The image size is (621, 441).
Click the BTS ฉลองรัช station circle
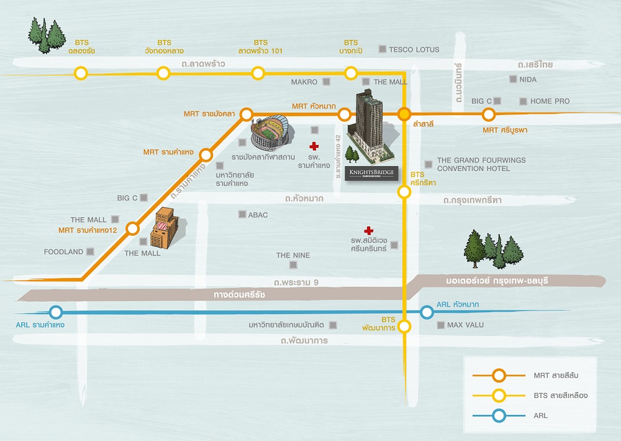click(x=81, y=73)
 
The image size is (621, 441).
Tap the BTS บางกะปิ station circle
click(x=351, y=73)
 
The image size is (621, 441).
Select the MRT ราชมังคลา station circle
click(x=247, y=114)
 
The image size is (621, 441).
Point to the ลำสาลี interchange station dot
click(x=404, y=114)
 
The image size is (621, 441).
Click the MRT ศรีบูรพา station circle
click(x=489, y=114)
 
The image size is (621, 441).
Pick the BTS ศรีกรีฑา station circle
click(x=404, y=192)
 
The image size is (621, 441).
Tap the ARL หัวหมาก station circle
click(x=427, y=312)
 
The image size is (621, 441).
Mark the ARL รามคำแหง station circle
click(x=56, y=312)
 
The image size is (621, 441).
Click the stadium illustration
click(x=272, y=133)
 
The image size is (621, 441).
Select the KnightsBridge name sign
click(x=371, y=174)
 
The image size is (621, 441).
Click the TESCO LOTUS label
click(x=414, y=50)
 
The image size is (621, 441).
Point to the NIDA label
click(x=528, y=80)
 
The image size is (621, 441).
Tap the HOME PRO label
click(x=550, y=101)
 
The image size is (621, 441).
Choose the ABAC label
click(x=258, y=215)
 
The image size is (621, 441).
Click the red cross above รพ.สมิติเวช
click(x=369, y=230)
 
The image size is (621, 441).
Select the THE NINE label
click(x=293, y=256)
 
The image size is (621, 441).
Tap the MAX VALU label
click(x=465, y=325)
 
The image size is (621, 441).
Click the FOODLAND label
click(x=63, y=252)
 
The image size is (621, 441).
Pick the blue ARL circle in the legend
click(x=499, y=415)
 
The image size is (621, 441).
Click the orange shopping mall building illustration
click(x=166, y=228)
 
